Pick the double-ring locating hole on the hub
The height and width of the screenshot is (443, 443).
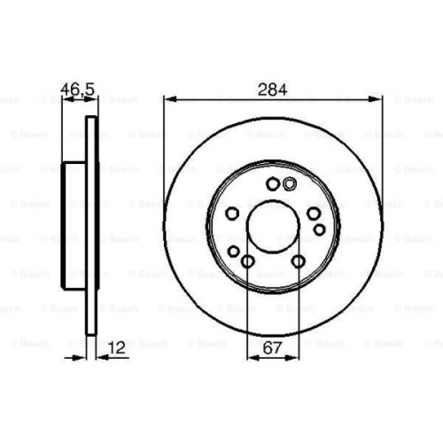290,184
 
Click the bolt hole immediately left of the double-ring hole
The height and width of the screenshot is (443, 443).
272,184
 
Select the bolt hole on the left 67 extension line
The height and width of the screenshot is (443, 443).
247,260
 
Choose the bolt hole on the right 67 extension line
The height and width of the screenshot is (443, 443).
298,260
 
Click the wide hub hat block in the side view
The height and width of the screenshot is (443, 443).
74,226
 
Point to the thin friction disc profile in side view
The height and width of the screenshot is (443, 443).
90,226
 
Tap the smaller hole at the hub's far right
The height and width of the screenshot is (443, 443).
319,230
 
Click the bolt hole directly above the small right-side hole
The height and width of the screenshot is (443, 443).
313,213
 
